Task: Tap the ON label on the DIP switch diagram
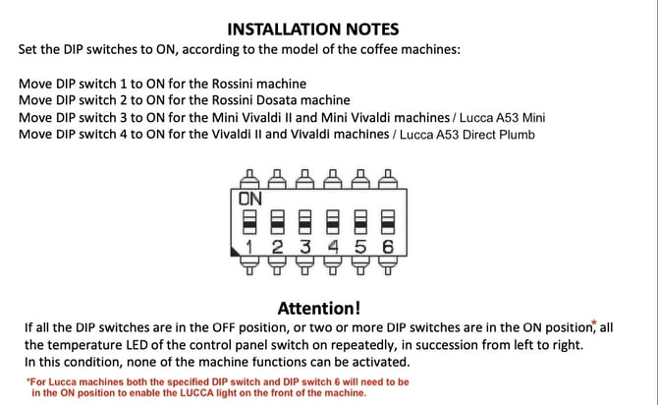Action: click(x=251, y=198)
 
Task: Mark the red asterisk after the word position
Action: click(x=593, y=320)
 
